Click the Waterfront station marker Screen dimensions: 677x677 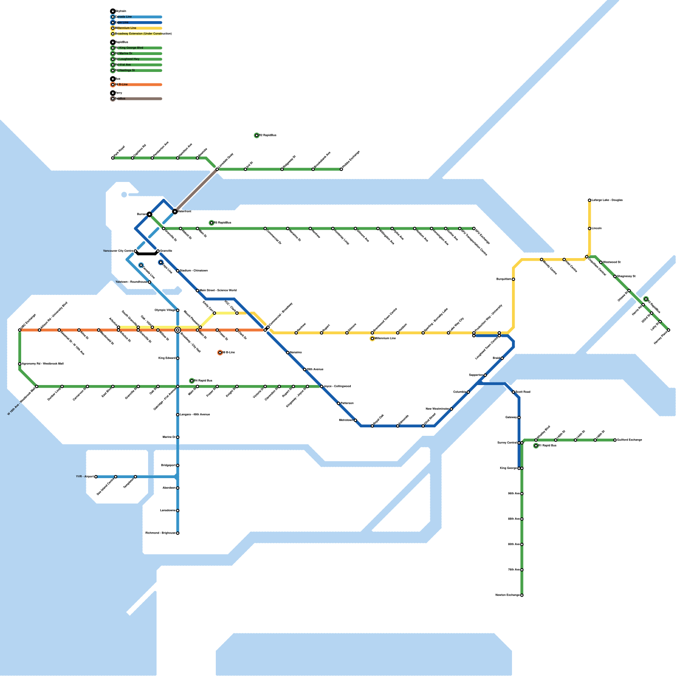[x=175, y=211]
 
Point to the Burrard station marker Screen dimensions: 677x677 [x=149, y=215]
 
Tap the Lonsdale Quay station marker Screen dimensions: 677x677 [x=217, y=169]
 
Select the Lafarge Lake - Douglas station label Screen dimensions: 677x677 [x=607, y=200]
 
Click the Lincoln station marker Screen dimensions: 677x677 [x=589, y=228]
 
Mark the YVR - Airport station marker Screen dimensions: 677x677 [x=96, y=477]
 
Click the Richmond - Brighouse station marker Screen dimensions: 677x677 [x=178, y=533]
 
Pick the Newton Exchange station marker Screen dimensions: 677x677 [x=522, y=595]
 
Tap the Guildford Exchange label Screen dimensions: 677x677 [x=630, y=440]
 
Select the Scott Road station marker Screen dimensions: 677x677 [x=513, y=392]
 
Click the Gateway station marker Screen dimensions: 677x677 [x=519, y=418]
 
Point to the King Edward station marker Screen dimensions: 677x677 [x=178, y=358]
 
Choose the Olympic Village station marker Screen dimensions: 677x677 [x=178, y=310]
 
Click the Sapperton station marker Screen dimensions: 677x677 [x=485, y=375]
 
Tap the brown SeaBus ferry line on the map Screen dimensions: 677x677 [x=196, y=190]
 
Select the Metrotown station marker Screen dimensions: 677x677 [x=355, y=420]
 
